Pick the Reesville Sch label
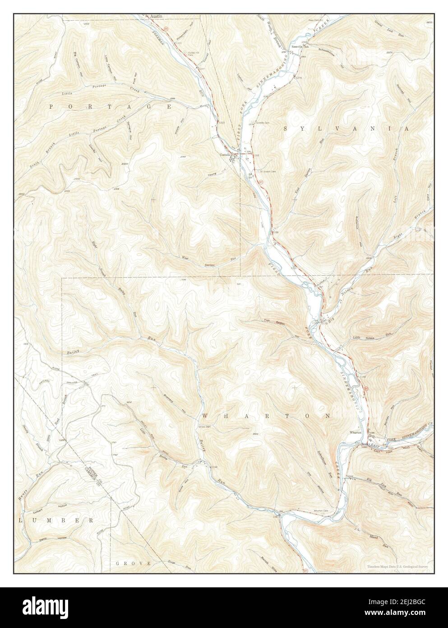click(x=301, y=47)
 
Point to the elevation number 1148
click(x=362, y=376)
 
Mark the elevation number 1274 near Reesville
click(x=298, y=78)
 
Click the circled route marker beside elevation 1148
click(x=366, y=388)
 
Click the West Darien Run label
click(x=210, y=259)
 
